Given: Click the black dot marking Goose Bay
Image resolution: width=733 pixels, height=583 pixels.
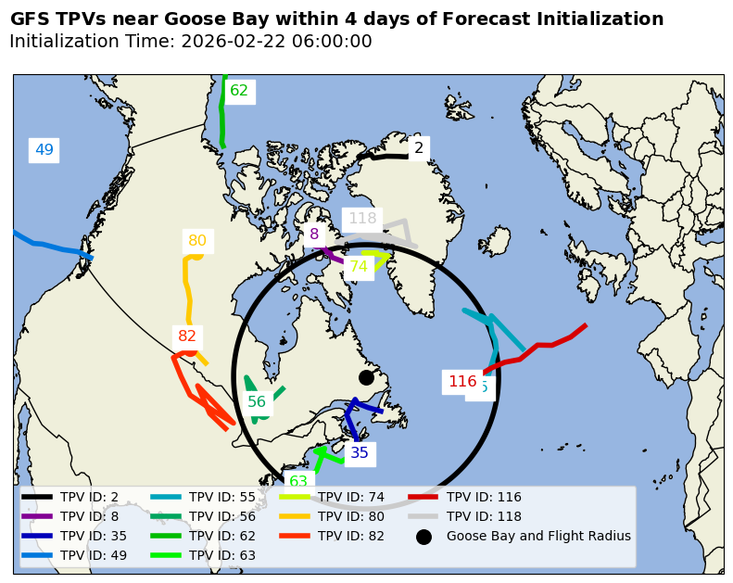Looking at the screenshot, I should pos(366,377).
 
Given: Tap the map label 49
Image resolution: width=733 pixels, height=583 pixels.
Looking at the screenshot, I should pos(44,149).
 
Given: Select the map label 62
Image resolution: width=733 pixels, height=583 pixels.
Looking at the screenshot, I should pos(239,91).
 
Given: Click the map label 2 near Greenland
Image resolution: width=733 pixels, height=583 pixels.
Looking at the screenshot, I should pos(419,147).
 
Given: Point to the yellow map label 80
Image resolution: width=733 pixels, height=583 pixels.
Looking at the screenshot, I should pos(197,241).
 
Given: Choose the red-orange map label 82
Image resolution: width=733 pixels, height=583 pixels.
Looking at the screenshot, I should pos(187,336).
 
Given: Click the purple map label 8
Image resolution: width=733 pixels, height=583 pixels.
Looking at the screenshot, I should pos(314,234).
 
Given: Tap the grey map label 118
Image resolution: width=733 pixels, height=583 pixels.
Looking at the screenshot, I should pos(362,219).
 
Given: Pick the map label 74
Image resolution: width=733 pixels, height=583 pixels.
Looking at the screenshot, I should pos(359,267).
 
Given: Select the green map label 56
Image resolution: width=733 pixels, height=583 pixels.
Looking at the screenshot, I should pos(257,401).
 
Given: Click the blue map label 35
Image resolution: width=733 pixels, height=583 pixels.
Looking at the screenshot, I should pos(360,453).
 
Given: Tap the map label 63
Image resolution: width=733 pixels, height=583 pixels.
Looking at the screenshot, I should pos(298,481).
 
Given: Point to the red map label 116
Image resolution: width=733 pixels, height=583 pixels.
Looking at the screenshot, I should pos(462,382).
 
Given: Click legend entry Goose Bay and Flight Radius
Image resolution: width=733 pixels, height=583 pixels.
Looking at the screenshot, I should pos(537,536).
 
